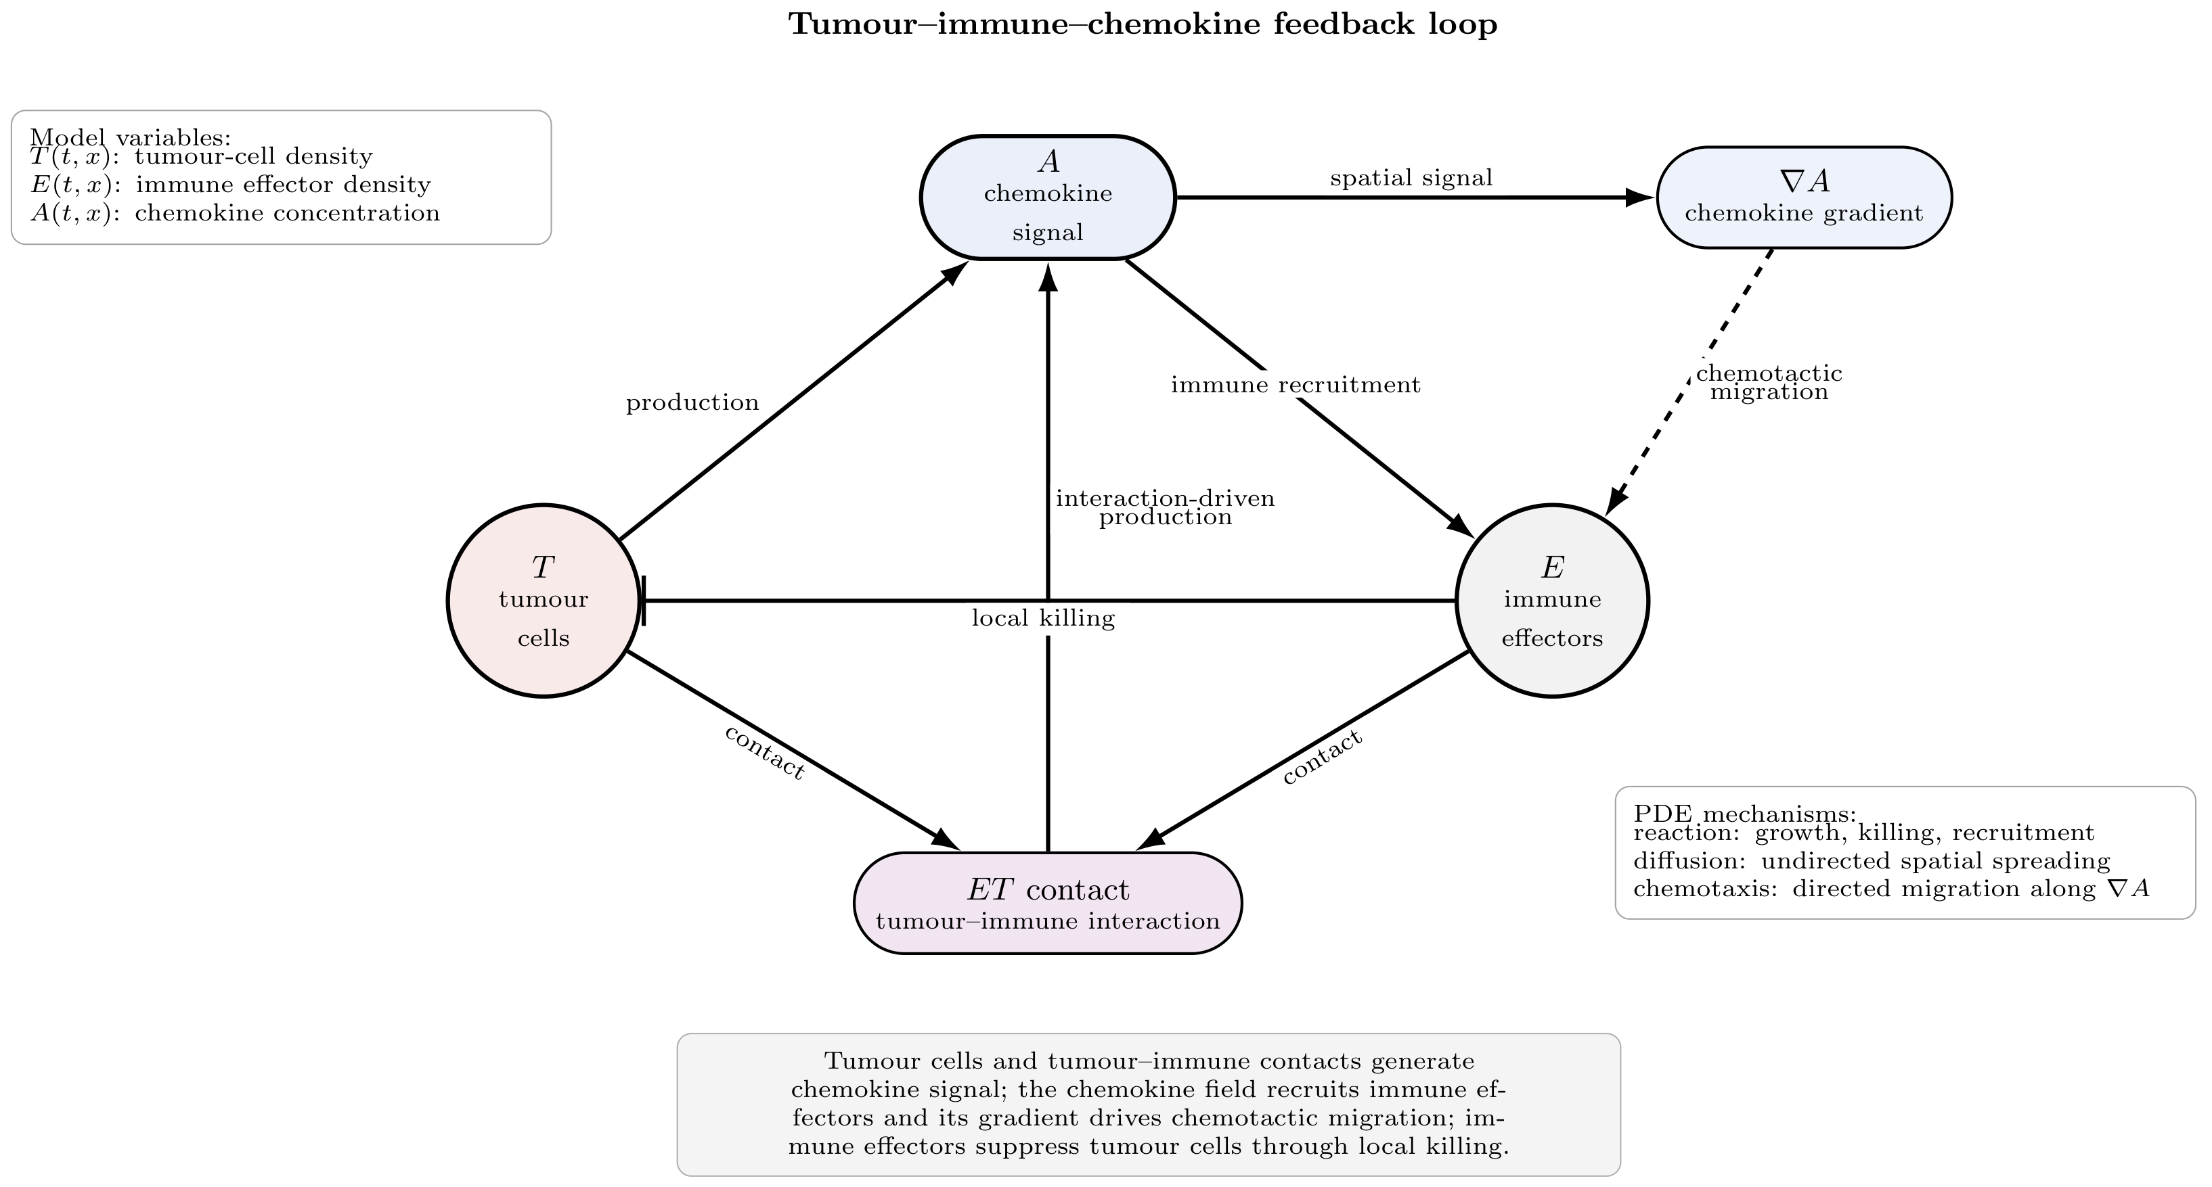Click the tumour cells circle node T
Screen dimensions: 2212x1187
coord(544,601)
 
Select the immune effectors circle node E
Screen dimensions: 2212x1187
coord(1553,601)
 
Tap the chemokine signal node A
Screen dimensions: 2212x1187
coord(1048,197)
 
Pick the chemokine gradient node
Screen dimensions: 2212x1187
coord(1804,197)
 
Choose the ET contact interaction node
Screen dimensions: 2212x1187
coord(1048,903)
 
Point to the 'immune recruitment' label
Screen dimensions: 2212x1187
coord(1296,386)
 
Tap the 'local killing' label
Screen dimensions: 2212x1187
coord(1043,618)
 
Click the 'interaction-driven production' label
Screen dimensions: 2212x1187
coord(1166,507)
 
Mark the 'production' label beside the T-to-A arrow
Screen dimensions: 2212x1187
coord(692,402)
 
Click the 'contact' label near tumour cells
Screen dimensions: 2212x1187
coord(764,752)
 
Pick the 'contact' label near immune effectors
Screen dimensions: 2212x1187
coord(1323,757)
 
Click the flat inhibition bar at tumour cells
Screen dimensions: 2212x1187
coord(643,601)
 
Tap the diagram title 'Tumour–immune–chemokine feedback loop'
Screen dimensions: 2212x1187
coord(1143,24)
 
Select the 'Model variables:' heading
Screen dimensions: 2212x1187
coord(131,137)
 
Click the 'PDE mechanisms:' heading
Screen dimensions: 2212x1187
coord(1745,814)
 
